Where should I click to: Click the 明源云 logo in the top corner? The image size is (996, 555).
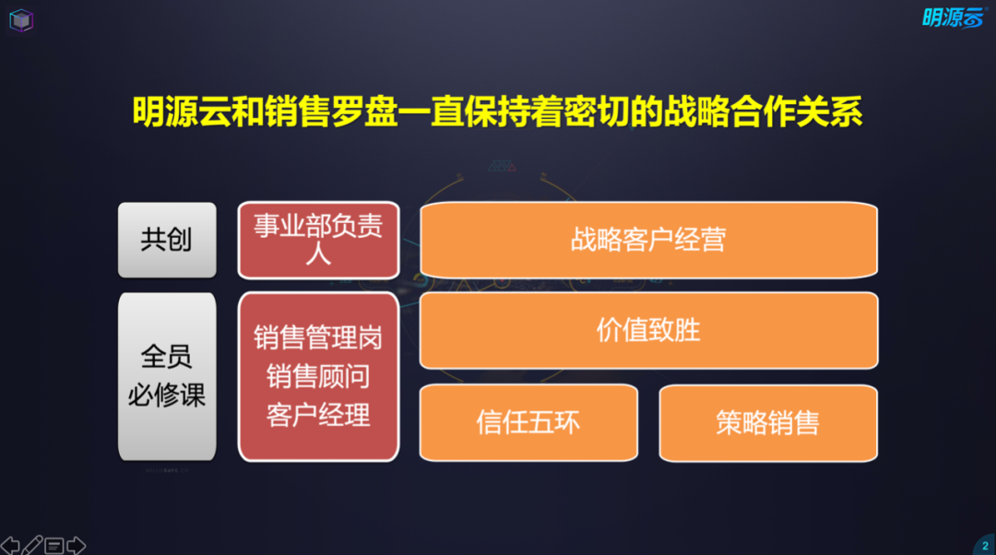[952, 18]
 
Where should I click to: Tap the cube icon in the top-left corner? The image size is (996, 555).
[21, 20]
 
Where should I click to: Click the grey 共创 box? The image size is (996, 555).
[167, 240]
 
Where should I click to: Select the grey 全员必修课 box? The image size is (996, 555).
[167, 376]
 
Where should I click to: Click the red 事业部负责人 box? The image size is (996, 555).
[318, 240]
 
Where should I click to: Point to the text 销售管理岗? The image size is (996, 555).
[318, 337]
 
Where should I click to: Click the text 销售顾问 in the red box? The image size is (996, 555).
[318, 376]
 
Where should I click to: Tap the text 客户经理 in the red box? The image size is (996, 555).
[318, 415]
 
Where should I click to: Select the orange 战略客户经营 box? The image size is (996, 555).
[648, 240]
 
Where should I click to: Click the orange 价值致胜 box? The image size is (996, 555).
[648, 330]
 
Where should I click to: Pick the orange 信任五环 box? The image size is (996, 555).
[528, 422]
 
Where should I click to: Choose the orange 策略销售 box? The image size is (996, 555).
[768, 422]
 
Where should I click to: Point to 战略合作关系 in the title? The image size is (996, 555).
[763, 112]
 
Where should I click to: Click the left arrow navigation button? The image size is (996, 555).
[9, 545]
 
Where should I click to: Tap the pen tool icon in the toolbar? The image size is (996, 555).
[32, 545]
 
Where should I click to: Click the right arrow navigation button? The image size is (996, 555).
[77, 545]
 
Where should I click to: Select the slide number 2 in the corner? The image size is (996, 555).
[985, 546]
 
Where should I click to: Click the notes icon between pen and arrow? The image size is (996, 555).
[54, 546]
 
